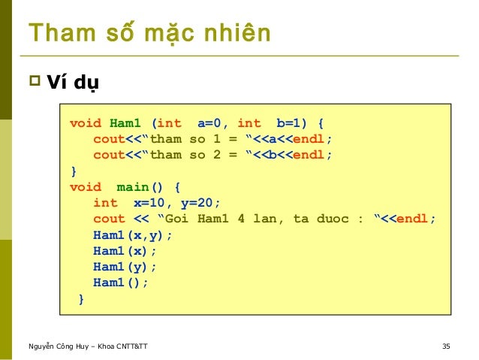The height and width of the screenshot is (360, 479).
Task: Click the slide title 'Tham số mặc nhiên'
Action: click(149, 34)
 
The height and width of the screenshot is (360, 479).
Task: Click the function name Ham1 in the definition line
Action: click(126, 123)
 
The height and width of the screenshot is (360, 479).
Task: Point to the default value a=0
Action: click(213, 123)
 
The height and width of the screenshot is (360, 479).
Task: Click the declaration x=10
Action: click(150, 203)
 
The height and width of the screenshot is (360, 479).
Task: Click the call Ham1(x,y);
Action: click(133, 234)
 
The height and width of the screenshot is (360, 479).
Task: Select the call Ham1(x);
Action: click(125, 251)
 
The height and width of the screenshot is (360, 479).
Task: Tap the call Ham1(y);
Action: click(125, 267)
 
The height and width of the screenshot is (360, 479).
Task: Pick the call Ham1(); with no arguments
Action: click(121, 283)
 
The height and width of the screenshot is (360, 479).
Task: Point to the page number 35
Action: click(446, 346)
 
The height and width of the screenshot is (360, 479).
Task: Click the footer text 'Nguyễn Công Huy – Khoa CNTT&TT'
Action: click(88, 346)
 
